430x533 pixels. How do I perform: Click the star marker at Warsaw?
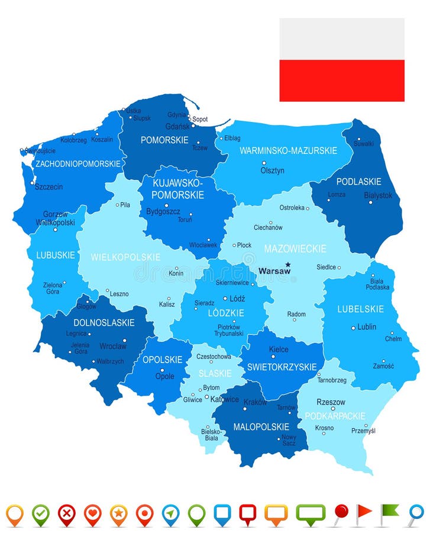[x=288, y=265]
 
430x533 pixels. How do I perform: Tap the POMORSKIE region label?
[x=164, y=140]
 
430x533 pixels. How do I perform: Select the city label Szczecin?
[x=49, y=187]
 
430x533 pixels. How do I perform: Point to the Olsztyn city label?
[x=272, y=171]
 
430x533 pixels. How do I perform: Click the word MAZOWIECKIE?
[x=295, y=249]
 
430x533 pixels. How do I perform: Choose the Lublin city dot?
[x=353, y=327]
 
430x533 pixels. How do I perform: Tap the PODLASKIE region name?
[x=358, y=182]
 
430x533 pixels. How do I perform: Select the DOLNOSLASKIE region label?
[x=104, y=323]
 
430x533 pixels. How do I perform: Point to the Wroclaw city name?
[x=112, y=346]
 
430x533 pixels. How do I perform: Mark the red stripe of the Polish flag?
[x=342, y=81]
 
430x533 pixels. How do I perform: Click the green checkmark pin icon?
[x=41, y=513]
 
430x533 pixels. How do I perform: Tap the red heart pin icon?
[x=92, y=513]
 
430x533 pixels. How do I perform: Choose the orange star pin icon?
[x=118, y=513]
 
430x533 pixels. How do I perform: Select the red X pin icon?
[x=67, y=513]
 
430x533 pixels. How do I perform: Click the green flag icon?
[x=389, y=513]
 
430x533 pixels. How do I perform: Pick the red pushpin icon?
[x=341, y=512]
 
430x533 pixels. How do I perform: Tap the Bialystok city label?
[x=378, y=195]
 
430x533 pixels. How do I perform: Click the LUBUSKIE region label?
[x=56, y=255]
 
